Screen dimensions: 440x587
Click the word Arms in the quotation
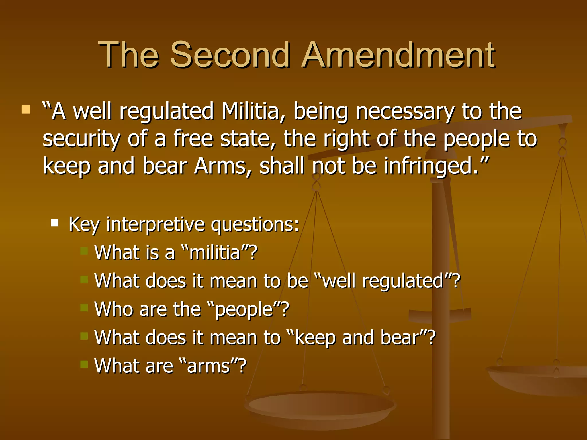point(219,166)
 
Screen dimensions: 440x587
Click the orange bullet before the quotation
point(26,109)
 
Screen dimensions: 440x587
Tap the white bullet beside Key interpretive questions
point(55,223)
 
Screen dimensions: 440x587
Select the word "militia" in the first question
point(215,253)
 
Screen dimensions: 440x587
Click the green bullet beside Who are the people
point(84,308)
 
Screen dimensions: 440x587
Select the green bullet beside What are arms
point(84,364)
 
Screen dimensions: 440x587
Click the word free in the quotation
point(193,139)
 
